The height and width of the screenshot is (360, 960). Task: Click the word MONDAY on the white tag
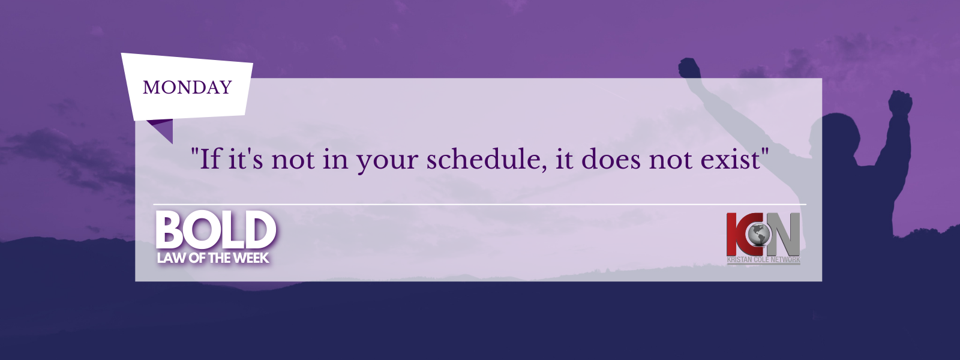click(x=187, y=88)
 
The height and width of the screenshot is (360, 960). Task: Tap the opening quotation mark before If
click(x=194, y=152)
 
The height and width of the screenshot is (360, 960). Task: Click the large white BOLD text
click(x=216, y=230)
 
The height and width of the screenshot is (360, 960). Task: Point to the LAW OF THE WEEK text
click(x=213, y=258)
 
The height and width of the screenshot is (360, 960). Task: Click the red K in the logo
click(x=737, y=234)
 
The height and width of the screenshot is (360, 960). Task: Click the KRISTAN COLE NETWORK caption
click(x=763, y=260)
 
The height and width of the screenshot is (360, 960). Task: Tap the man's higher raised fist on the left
click(x=689, y=68)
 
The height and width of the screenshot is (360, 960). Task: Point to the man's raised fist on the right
click(x=900, y=102)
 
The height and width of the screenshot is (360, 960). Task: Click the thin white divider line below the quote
click(x=479, y=205)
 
